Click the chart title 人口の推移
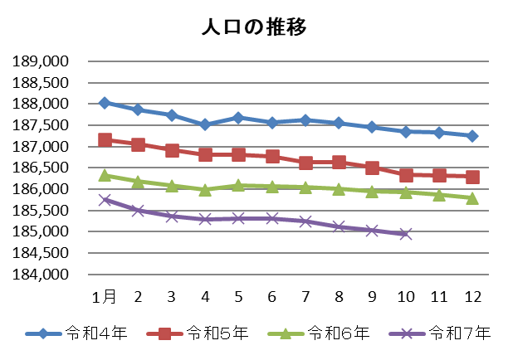point(254,27)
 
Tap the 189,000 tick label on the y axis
point(42,61)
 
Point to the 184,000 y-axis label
point(42,275)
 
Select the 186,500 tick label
point(42,168)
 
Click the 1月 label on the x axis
point(105,297)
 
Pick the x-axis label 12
point(471,297)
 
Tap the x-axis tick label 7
point(305,297)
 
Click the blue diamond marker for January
point(105,103)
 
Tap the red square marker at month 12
point(472,177)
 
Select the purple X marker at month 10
point(405,234)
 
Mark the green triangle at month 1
point(105,175)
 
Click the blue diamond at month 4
point(205,124)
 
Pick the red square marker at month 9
point(372,168)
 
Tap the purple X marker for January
point(105,199)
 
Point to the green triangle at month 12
point(472,197)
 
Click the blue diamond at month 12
point(472,136)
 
